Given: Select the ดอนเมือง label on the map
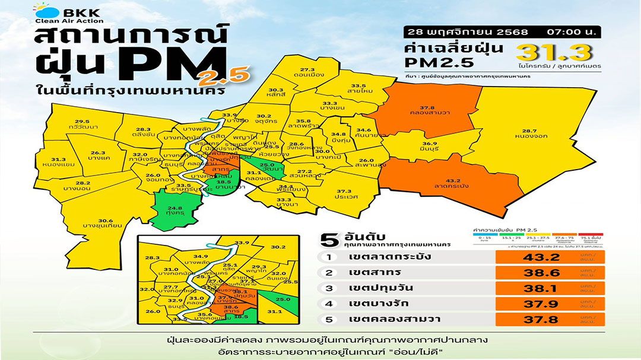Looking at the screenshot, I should [x=311, y=75].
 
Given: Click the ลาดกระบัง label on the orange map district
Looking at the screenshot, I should [x=453, y=185].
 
